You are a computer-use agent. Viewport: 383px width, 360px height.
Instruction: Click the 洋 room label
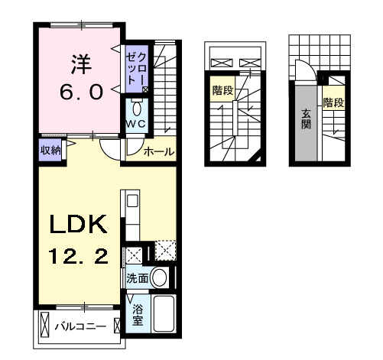pyautogui.click(x=81, y=64)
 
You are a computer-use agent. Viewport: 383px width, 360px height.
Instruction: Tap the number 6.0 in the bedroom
pyautogui.click(x=82, y=92)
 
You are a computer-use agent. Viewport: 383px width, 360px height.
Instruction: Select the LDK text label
pyautogui.click(x=78, y=224)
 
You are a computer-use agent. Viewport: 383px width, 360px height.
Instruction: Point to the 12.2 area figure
pyautogui.click(x=78, y=256)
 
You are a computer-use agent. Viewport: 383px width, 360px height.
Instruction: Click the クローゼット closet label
pyautogui.click(x=136, y=70)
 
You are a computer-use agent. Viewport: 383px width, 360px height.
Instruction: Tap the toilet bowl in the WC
pyautogui.click(x=137, y=109)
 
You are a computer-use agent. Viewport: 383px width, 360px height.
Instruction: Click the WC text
pyautogui.click(x=136, y=124)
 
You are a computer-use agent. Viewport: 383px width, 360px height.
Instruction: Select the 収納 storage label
pyautogui.click(x=50, y=151)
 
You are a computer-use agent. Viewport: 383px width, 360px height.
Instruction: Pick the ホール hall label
pyautogui.click(x=159, y=151)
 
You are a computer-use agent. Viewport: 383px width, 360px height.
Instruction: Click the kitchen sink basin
pyautogui.click(x=132, y=201)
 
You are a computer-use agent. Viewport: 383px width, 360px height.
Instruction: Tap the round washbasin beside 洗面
pyautogui.click(x=160, y=277)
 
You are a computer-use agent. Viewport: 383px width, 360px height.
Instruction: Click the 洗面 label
pyautogui.click(x=138, y=278)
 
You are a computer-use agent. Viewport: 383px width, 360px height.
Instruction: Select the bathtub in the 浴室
pyautogui.click(x=164, y=313)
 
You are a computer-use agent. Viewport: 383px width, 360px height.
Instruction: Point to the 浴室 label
pyautogui.click(x=138, y=315)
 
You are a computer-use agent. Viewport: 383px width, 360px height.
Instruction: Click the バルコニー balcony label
pyautogui.click(x=80, y=326)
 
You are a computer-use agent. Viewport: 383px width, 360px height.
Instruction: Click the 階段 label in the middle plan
pyautogui.click(x=223, y=90)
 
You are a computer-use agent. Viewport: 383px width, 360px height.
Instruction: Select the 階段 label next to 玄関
pyautogui.click(x=333, y=102)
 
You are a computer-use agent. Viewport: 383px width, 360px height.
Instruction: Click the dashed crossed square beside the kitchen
pyautogui.click(x=166, y=250)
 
